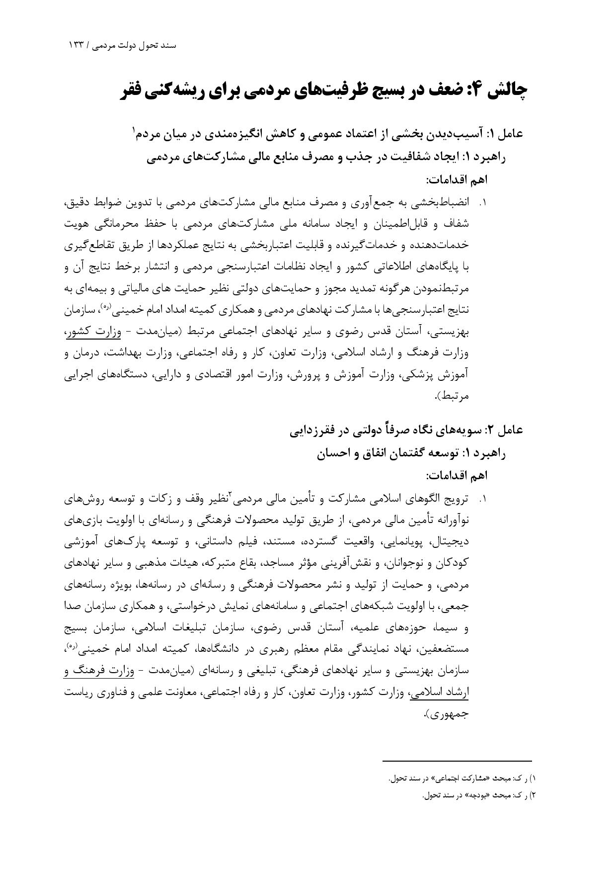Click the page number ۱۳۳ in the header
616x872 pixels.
click(77, 45)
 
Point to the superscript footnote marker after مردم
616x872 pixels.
click(133, 130)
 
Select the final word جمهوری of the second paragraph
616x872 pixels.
click(451, 714)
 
